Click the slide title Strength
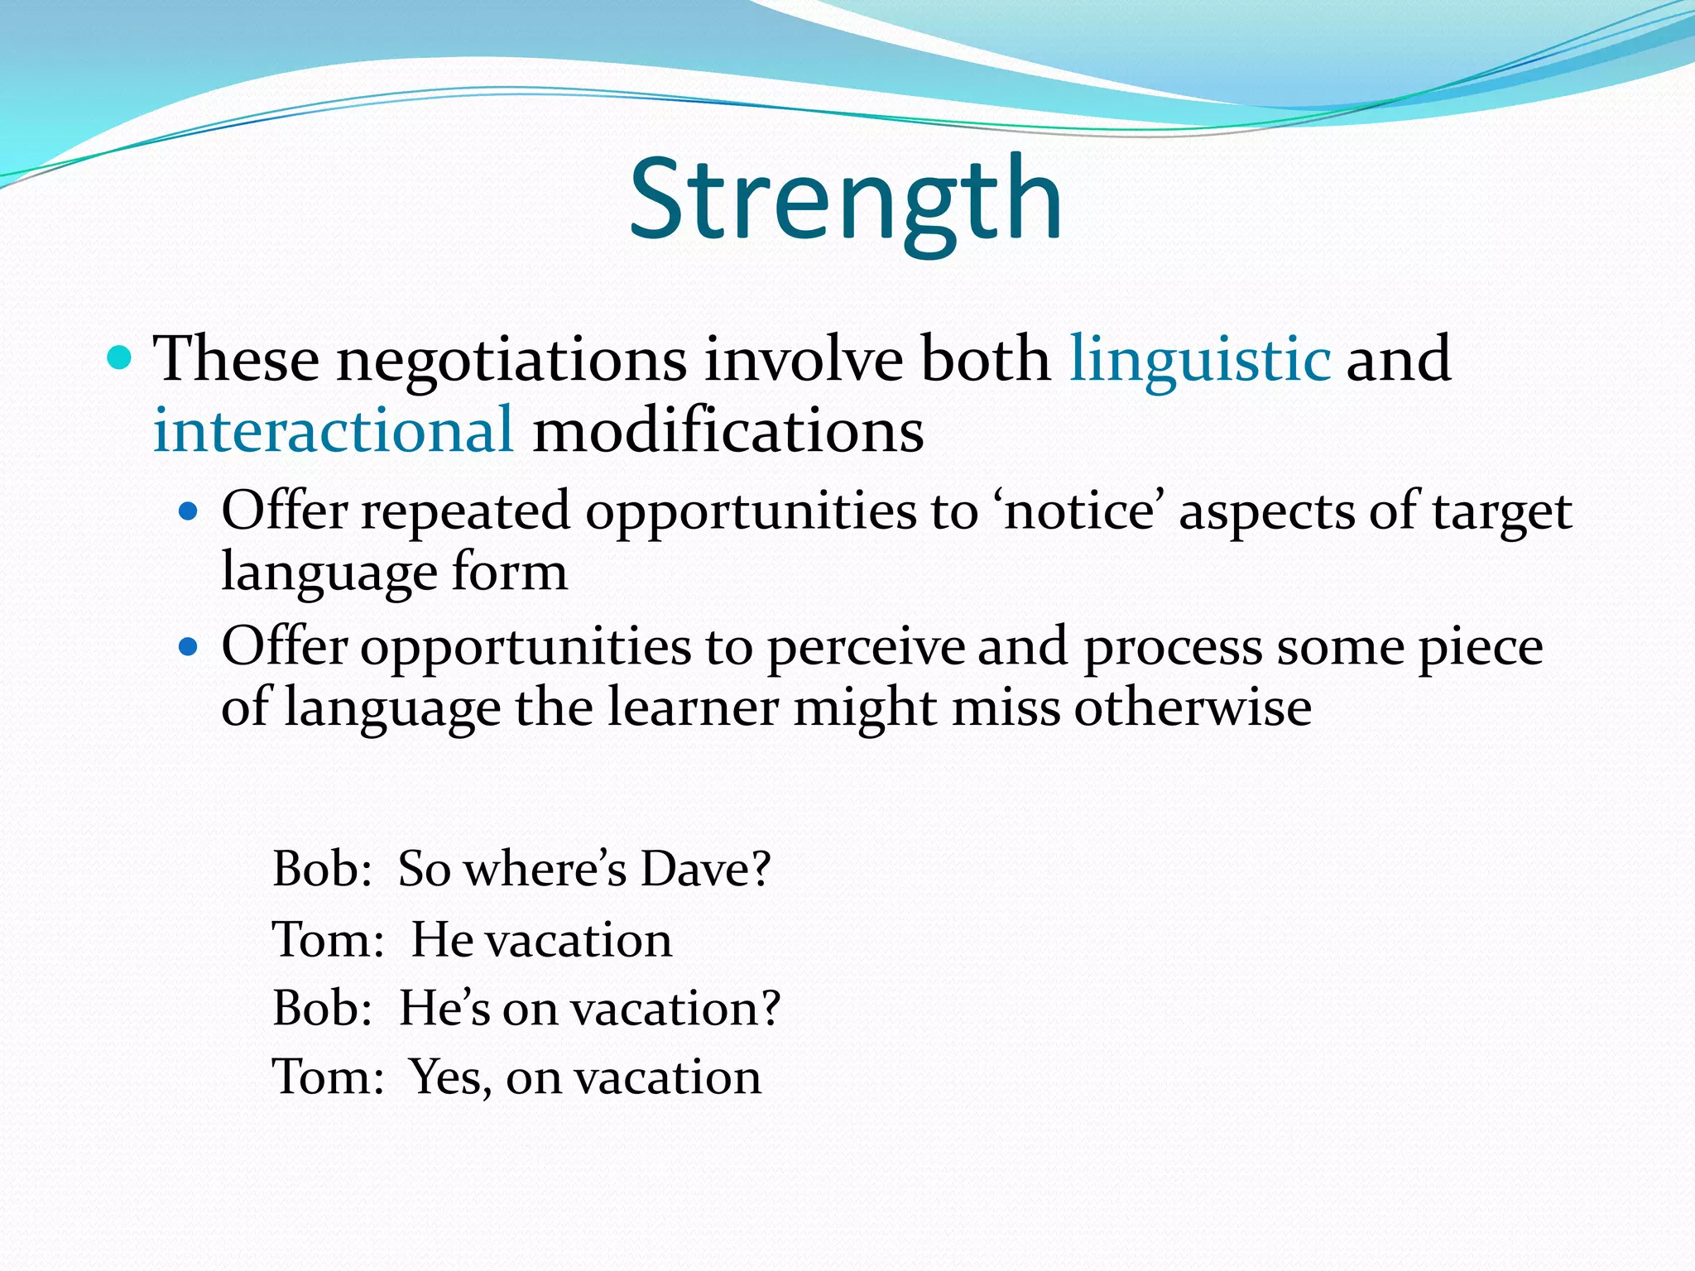pos(846,200)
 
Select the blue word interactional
pos(333,431)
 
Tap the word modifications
pos(727,431)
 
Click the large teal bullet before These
pos(120,358)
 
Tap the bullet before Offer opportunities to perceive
pos(189,646)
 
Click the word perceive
pos(866,646)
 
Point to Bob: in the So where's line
pos(322,869)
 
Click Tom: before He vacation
pos(328,940)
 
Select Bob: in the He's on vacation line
pos(322,1009)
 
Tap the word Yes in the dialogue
pos(449,1077)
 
